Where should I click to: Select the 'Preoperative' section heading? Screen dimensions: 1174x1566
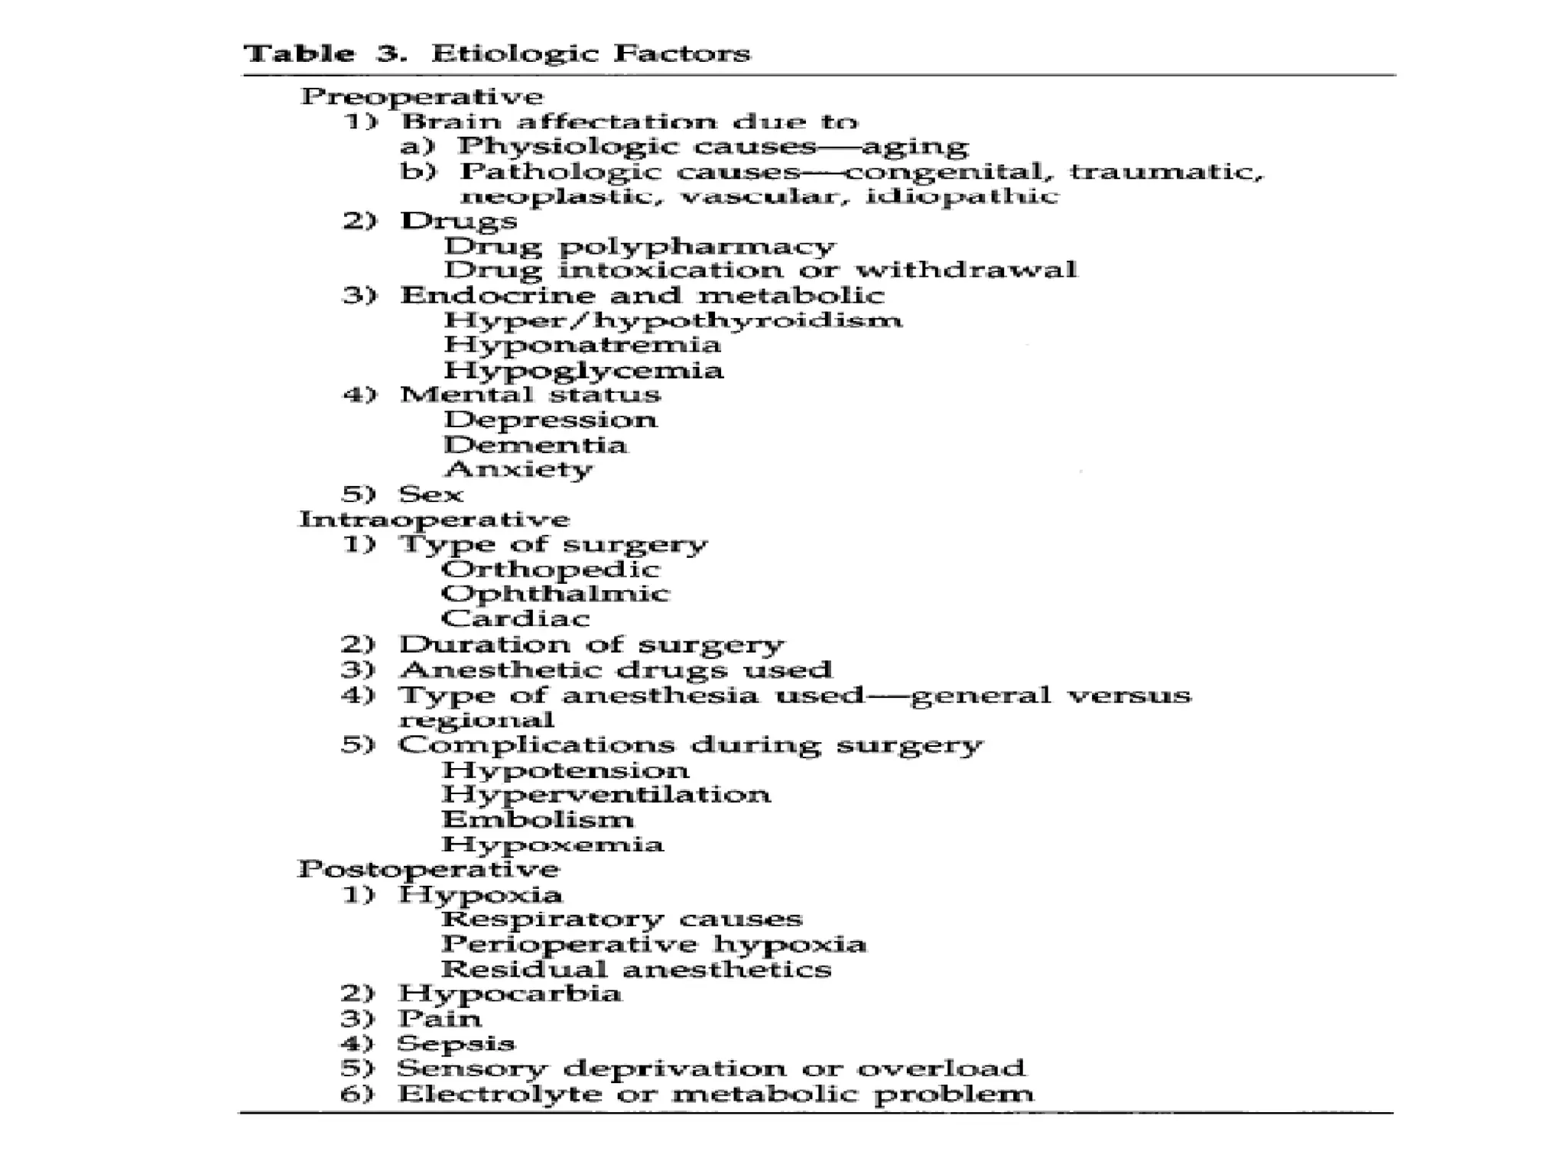click(421, 97)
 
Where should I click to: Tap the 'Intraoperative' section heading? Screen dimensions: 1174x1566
click(434, 520)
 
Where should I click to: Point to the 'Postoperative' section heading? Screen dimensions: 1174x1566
click(428, 869)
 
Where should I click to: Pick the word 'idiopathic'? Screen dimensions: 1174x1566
click(962, 196)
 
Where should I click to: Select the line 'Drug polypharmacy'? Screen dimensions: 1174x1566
click(639, 247)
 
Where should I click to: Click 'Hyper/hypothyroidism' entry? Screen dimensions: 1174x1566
click(673, 320)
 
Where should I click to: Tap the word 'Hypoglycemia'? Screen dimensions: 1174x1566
click(583, 371)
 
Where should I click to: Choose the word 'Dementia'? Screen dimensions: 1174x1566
click(535, 445)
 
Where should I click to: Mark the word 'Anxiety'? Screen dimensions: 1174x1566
click(518, 469)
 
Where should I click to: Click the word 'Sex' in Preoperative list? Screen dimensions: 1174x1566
click(431, 495)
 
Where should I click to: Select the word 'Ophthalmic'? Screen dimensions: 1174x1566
click(555, 594)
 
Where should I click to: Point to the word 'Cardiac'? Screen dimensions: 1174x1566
click(515, 618)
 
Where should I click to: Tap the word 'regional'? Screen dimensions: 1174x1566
click(476, 720)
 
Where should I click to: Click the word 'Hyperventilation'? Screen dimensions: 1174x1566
click(606, 795)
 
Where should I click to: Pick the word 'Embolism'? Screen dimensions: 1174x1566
click(538, 820)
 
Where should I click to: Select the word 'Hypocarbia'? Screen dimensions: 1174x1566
click(509, 994)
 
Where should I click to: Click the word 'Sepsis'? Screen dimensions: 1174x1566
click(456, 1044)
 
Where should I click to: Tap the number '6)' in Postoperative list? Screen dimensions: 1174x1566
click(357, 1094)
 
